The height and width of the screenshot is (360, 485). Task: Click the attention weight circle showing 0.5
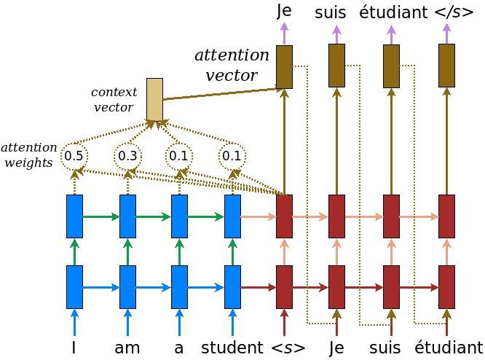pos(74,155)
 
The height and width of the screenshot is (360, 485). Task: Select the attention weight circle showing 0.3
pos(127,155)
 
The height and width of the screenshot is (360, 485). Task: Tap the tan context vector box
pos(154,99)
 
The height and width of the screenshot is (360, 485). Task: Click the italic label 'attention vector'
pos(232,65)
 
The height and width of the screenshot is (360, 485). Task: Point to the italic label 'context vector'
pos(114,100)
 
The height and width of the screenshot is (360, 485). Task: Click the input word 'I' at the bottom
pos(74,348)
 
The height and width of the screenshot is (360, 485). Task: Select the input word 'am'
pos(127,348)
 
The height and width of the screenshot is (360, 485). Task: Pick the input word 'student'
pos(232,348)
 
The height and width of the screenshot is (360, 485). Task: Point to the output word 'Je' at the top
pos(285,11)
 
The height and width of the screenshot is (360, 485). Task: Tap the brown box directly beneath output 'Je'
pos(285,66)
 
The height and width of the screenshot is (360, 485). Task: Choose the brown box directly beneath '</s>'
pos(446,66)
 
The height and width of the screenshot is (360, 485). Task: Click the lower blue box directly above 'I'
pos(74,286)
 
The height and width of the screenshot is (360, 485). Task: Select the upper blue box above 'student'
pos(232,216)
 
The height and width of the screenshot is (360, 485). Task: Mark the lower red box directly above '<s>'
pos(285,286)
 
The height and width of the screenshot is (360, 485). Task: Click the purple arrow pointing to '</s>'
pos(446,33)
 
